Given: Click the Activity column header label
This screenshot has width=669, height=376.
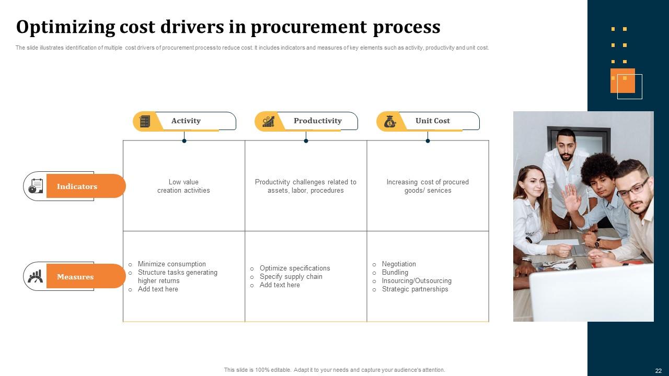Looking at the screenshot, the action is (186, 121).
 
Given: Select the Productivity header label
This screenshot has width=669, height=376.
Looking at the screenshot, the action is (317, 121).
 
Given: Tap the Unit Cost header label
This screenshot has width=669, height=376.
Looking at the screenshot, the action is (432, 121).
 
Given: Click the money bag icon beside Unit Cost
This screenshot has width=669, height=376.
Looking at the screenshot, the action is (390, 122).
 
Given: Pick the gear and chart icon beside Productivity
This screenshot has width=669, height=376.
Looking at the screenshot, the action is (268, 122).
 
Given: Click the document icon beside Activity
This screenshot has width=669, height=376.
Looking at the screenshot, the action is (145, 122).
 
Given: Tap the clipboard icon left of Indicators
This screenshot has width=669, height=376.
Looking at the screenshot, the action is (36, 186).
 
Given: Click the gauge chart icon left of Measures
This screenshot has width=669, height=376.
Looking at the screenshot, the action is (35, 276).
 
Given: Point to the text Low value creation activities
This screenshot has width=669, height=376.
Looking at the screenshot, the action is (183, 186).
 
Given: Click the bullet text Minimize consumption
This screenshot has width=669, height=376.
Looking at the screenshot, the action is (172, 264).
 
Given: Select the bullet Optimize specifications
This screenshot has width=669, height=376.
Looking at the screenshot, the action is (295, 268).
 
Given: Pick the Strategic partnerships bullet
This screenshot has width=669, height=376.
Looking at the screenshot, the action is (415, 289).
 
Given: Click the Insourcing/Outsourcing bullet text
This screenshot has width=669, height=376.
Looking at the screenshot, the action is (417, 281).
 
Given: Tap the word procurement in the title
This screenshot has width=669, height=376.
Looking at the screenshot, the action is (308, 27).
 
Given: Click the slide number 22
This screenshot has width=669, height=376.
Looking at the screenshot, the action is (658, 371).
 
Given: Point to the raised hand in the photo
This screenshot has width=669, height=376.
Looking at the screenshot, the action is (571, 198).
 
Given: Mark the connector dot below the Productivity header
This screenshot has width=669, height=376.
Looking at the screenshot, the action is (306, 141).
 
